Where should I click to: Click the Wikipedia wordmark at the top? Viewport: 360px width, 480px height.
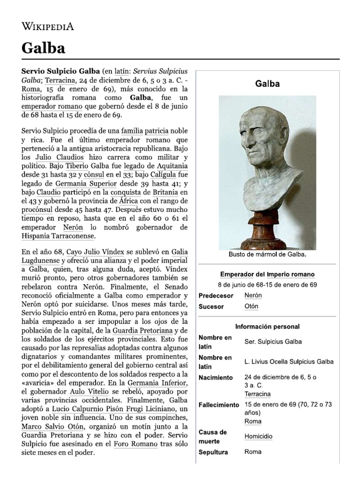tap(48, 26)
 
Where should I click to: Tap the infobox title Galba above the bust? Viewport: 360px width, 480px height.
tap(267, 84)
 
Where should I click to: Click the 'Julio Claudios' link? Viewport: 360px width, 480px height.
tap(53, 157)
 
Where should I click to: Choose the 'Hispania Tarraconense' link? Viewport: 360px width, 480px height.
tap(58, 236)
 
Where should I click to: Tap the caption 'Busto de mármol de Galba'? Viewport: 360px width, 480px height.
tap(267, 255)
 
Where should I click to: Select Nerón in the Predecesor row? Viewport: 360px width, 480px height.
tap(253, 296)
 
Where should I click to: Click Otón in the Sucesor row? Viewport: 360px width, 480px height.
tap(251, 307)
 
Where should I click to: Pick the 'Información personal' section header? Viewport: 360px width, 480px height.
tap(267, 326)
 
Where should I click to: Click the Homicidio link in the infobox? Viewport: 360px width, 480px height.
tap(258, 436)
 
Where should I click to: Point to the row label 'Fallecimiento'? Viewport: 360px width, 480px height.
tap(219, 405)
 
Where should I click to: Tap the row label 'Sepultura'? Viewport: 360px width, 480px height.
tap(213, 452)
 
